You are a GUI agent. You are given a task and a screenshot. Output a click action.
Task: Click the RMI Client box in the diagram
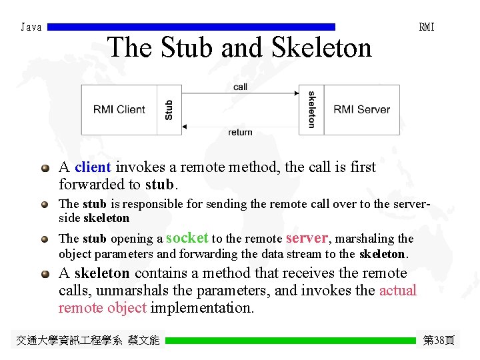119,109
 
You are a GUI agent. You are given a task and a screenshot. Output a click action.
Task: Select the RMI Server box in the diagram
361,109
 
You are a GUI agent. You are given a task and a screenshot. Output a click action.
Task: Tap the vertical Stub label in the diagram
169,110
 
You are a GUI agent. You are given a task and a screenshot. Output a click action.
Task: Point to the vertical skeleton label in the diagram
311,109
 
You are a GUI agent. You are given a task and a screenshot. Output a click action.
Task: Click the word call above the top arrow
240,87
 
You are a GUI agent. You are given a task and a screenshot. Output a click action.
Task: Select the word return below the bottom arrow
240,132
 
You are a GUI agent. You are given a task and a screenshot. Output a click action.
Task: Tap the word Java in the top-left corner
31,27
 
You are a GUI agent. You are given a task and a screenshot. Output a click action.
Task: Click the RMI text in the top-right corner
427,27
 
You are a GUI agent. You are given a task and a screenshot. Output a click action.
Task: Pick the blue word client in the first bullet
93,167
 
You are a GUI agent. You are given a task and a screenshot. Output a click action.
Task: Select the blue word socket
187,237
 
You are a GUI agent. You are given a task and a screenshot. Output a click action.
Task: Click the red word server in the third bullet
307,237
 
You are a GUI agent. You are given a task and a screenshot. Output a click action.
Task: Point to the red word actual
397,290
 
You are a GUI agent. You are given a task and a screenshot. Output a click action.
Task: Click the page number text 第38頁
439,341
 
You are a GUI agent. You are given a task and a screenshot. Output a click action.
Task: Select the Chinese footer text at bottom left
88,341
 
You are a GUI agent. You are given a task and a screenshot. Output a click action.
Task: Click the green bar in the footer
290,341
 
